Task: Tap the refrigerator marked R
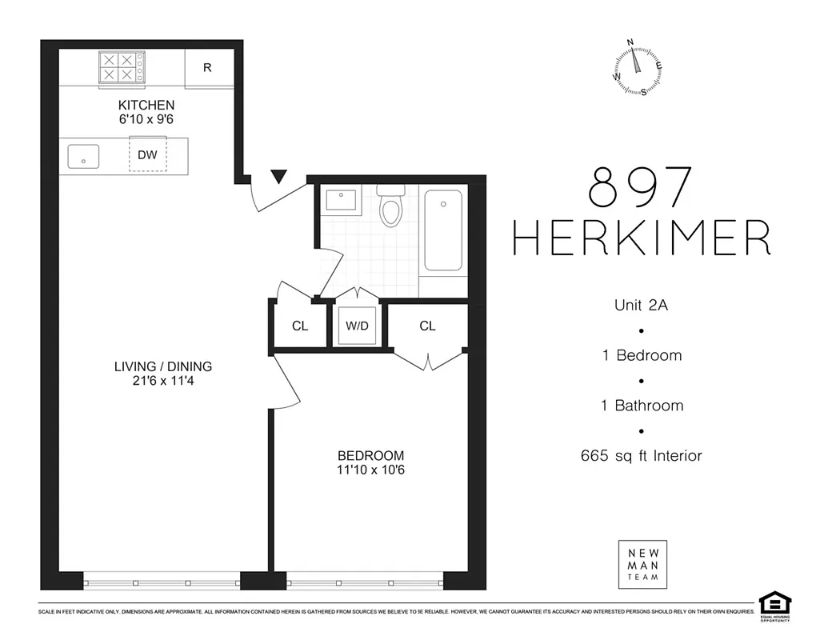click(x=207, y=68)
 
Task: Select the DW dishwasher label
click(x=147, y=155)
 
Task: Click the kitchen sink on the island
click(x=82, y=155)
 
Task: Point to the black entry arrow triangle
click(x=278, y=177)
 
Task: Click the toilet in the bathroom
click(x=390, y=209)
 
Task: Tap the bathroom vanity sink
click(x=342, y=198)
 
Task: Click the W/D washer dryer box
click(x=356, y=326)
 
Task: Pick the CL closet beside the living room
click(x=300, y=326)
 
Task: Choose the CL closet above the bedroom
click(x=427, y=326)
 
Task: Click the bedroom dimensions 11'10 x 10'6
click(x=370, y=470)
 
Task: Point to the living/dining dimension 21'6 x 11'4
click(x=162, y=382)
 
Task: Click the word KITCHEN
click(x=146, y=105)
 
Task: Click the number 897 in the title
click(x=639, y=189)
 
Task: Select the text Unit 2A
click(x=642, y=305)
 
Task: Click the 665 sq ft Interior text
click(x=642, y=456)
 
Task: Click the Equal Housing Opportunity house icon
click(x=774, y=602)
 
